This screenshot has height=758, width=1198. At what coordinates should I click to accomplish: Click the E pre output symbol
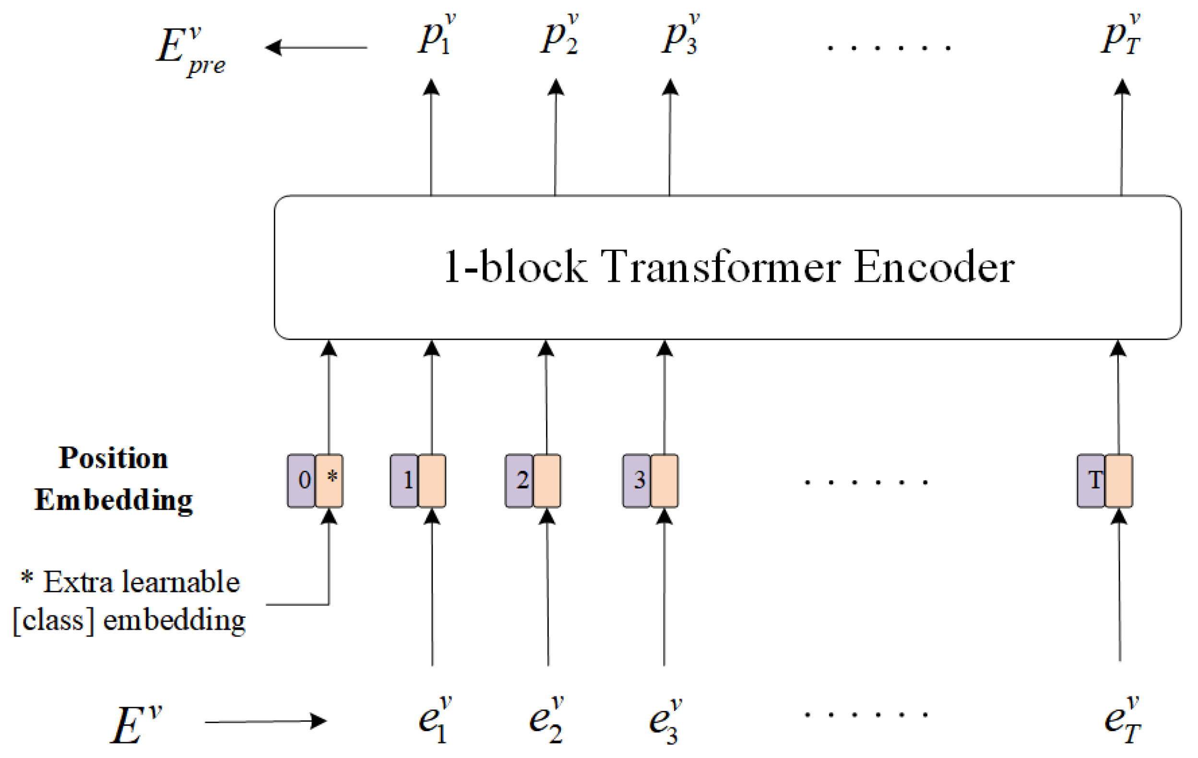point(190,50)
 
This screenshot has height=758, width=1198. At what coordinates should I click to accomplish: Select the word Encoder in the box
point(934,267)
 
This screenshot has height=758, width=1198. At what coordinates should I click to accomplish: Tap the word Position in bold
point(113,458)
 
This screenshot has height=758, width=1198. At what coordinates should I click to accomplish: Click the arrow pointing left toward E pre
point(315,48)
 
